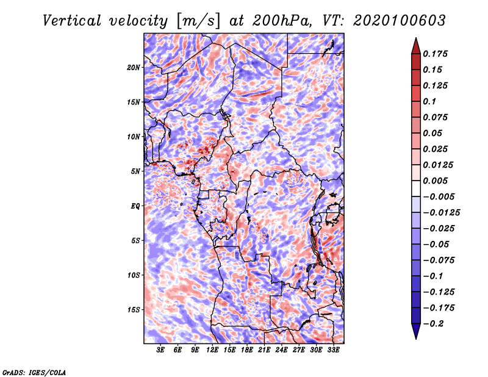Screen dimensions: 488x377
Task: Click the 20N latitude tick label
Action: point(134,68)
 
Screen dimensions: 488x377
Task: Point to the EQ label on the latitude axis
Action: point(135,206)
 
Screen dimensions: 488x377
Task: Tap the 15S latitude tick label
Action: point(134,310)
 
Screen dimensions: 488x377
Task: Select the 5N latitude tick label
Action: point(135,171)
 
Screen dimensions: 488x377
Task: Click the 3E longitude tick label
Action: point(160,350)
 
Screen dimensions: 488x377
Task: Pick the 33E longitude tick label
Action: point(333,350)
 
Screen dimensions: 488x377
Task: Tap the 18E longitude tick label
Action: point(247,350)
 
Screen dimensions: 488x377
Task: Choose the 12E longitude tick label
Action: point(212,350)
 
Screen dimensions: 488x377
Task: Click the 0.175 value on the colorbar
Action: point(435,54)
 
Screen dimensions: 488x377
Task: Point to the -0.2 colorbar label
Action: point(433,324)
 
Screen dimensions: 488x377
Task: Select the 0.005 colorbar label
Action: point(435,181)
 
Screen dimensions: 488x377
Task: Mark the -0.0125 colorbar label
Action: point(441,213)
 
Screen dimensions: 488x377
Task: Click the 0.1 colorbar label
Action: point(429,101)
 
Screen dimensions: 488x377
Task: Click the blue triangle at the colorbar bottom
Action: point(416,331)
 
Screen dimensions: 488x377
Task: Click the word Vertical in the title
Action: point(72,21)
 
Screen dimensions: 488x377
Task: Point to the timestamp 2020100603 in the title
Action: point(400,21)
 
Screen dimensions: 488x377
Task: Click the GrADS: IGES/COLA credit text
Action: point(34,373)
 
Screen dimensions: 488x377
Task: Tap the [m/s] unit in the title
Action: point(198,21)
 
